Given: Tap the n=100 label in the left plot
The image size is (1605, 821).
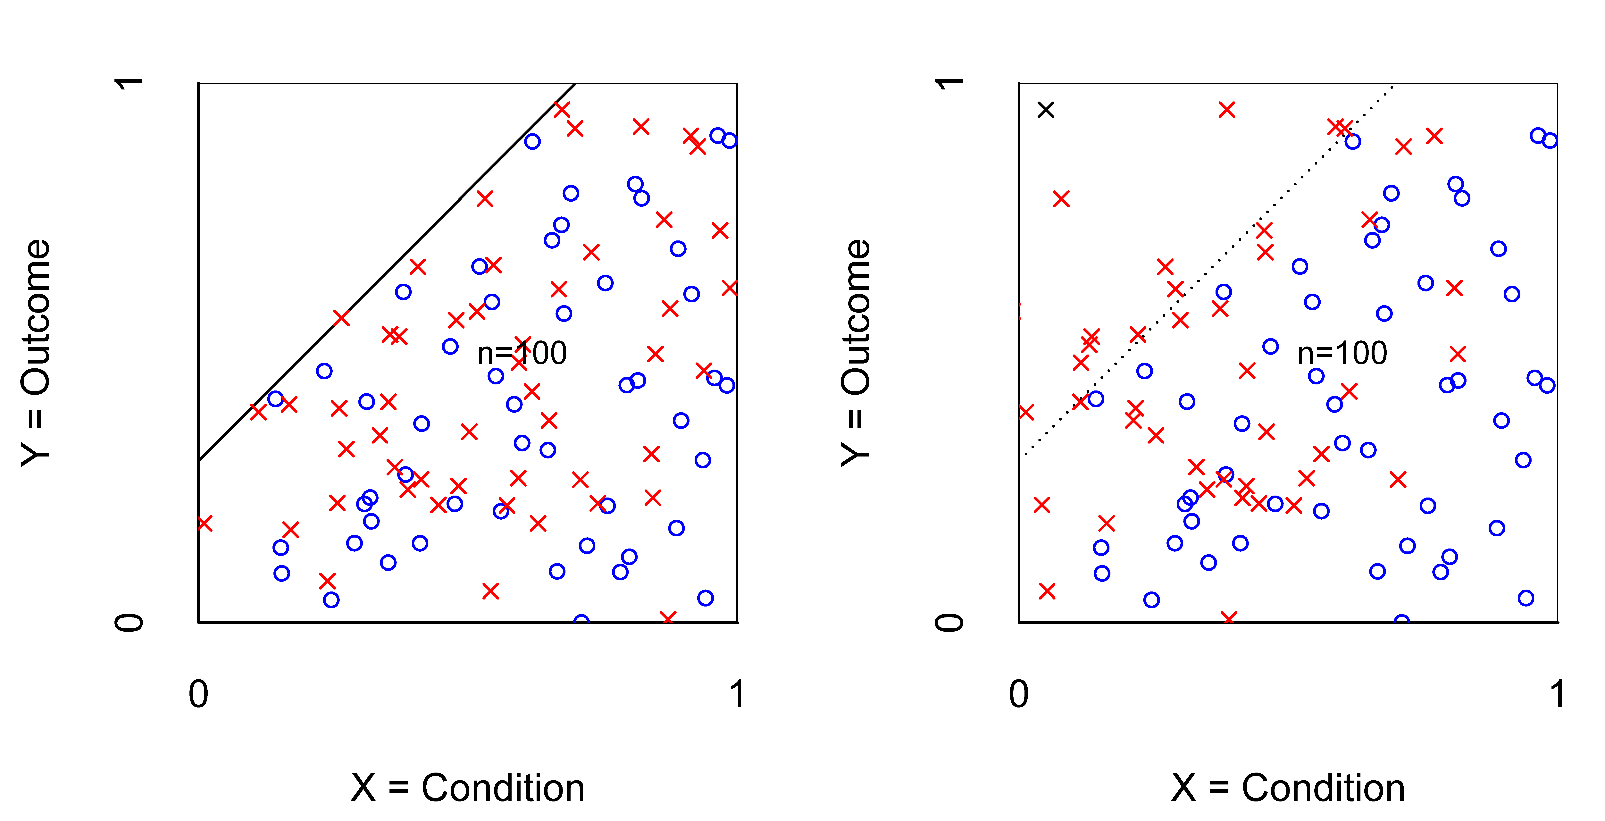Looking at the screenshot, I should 522,353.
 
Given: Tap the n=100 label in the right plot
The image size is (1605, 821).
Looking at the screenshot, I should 1342,353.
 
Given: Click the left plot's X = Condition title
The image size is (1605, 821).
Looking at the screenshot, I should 467,788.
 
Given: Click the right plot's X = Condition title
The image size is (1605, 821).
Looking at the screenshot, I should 1288,788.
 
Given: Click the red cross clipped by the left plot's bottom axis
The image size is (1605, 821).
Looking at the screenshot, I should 667,619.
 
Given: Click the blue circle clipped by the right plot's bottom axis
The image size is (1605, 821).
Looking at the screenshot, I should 1401,620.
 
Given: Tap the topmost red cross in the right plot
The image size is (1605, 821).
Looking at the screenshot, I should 1226,110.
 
